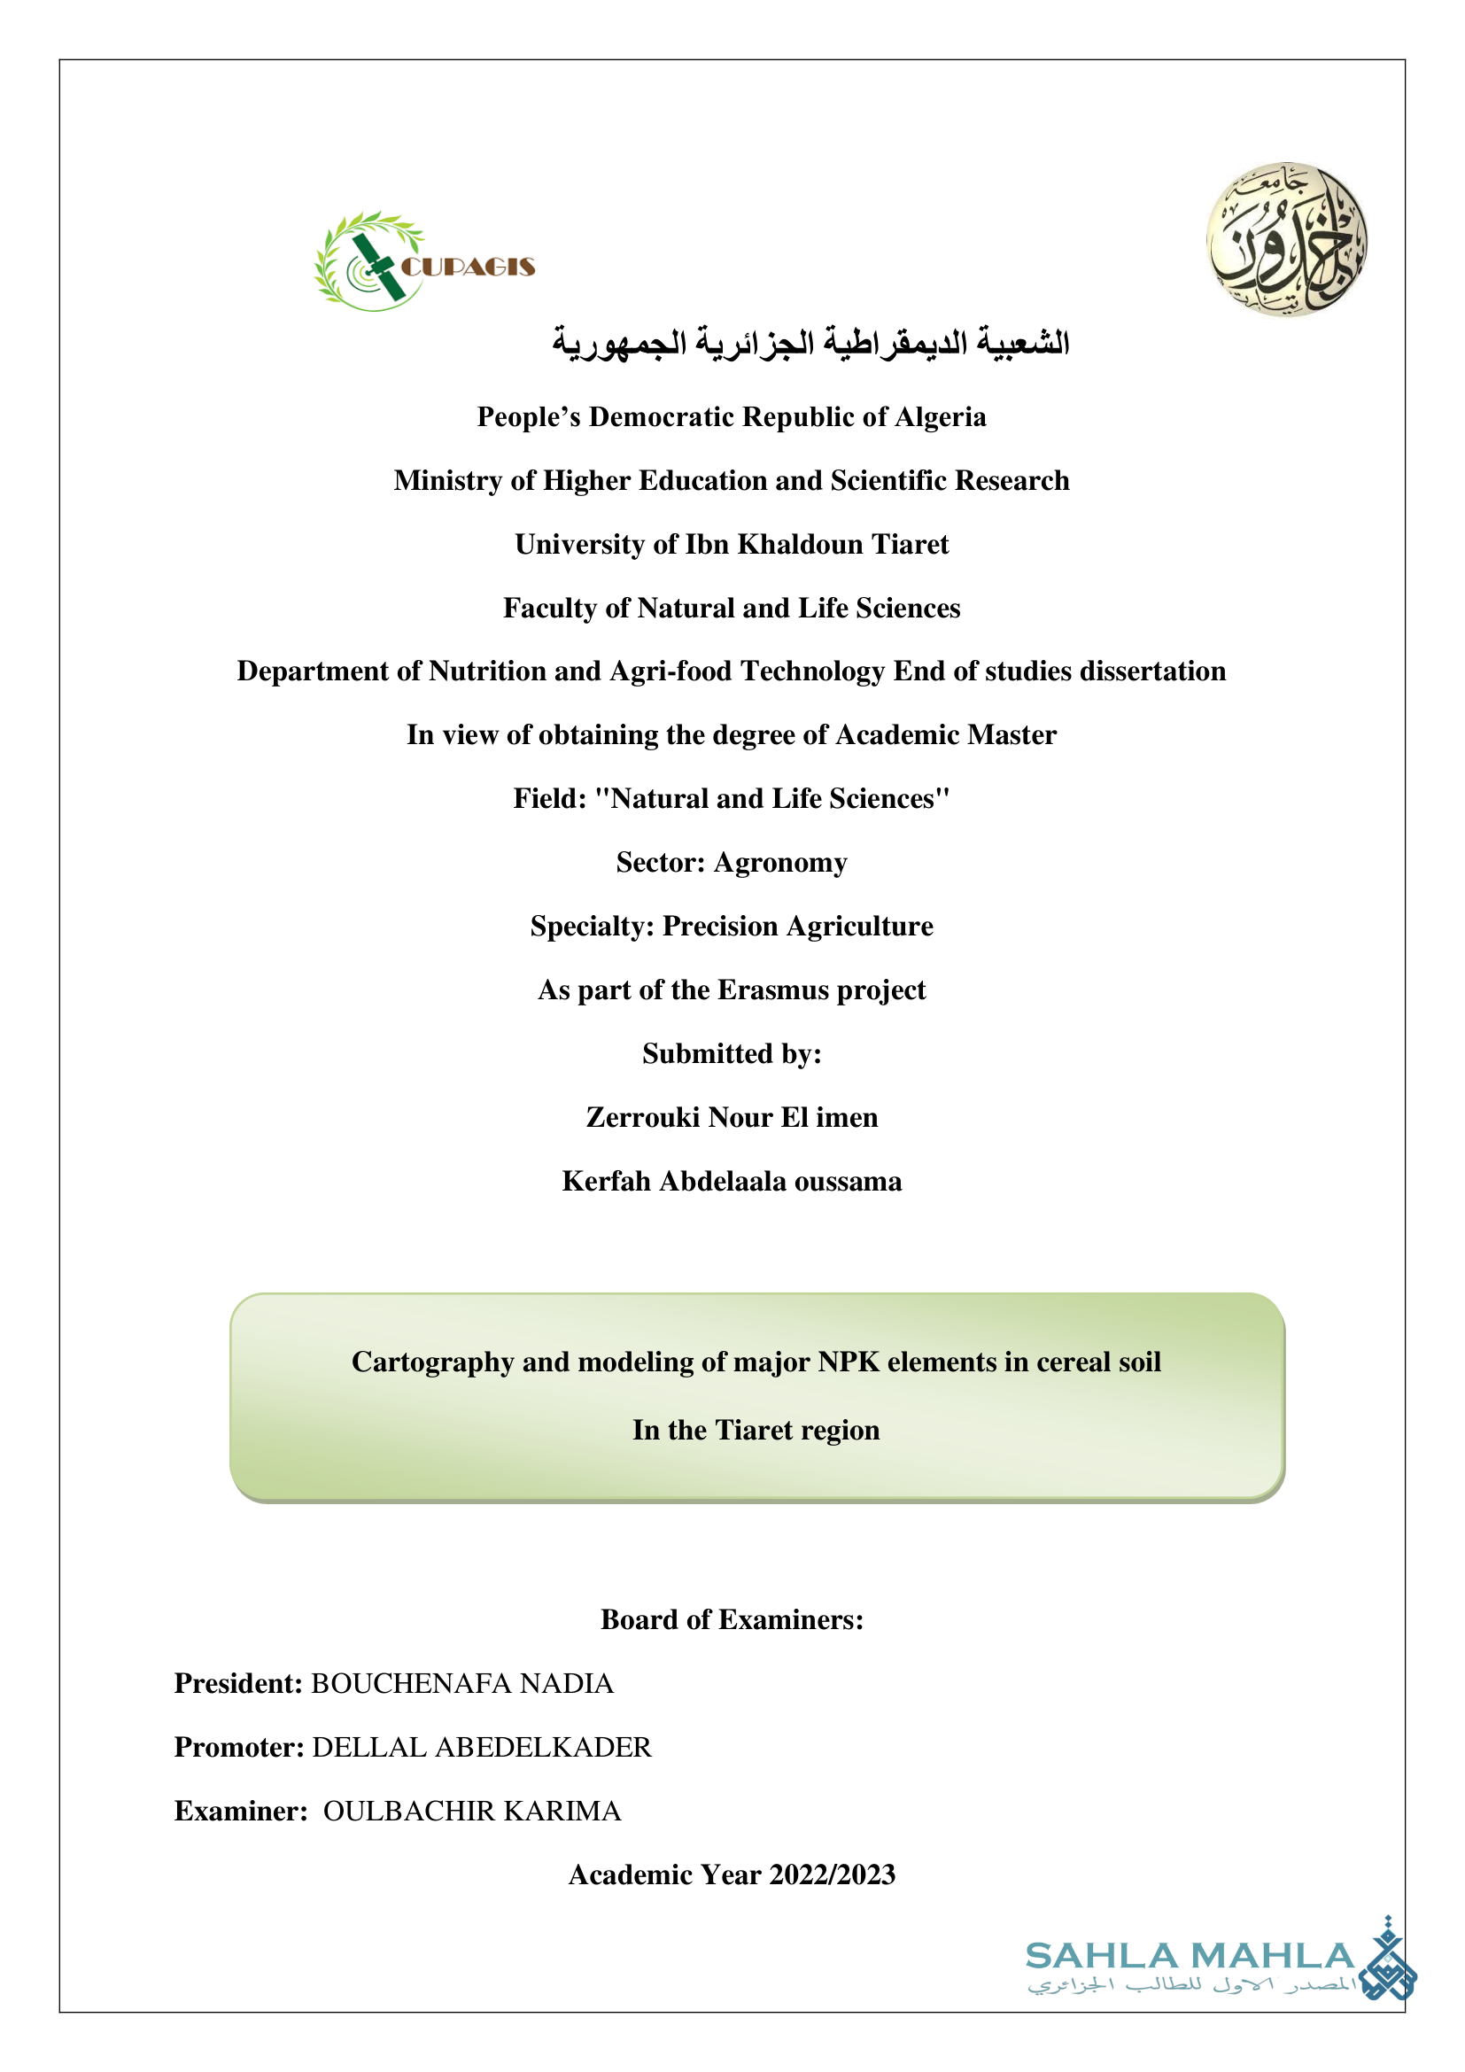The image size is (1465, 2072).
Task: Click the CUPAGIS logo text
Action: [468, 267]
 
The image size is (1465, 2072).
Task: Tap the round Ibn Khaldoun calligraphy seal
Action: [1286, 240]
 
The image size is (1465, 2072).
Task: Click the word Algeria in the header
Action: [940, 417]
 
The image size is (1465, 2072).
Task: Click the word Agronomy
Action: [780, 863]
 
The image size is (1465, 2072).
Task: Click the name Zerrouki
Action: [643, 1118]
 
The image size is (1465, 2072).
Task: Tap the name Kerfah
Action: [606, 1182]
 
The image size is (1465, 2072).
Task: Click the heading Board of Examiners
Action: [732, 1620]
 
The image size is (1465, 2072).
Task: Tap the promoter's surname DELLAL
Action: [369, 1748]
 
